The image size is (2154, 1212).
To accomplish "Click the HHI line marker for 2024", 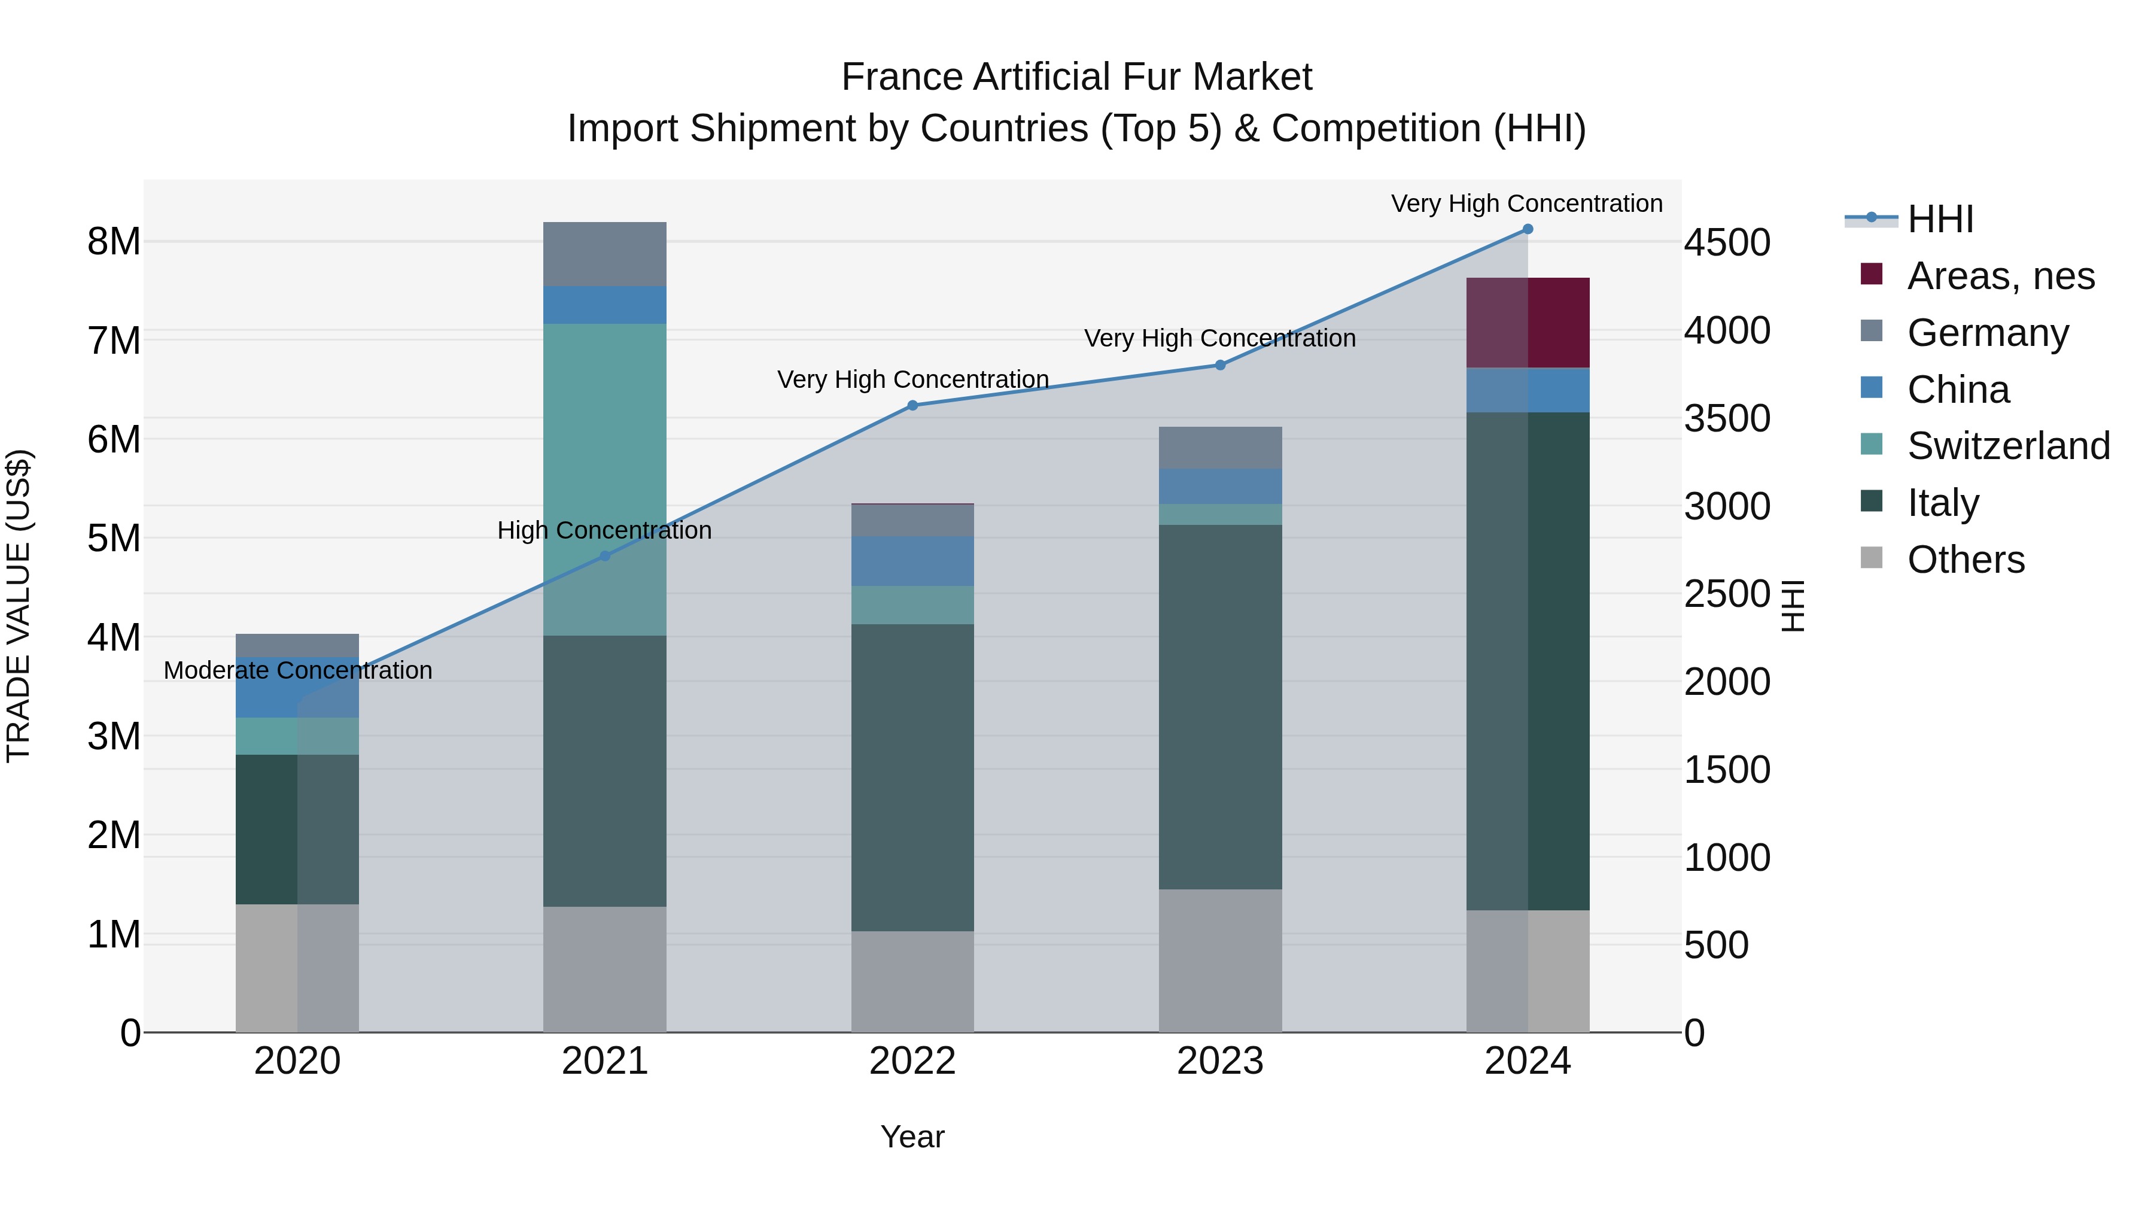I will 1527,229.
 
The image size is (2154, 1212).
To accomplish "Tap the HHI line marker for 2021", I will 604,556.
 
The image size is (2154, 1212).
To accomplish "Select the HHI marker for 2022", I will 912,406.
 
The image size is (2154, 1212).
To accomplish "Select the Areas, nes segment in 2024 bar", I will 1528,323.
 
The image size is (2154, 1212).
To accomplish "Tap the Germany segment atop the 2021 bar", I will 604,254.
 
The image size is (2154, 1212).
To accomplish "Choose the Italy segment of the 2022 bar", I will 912,778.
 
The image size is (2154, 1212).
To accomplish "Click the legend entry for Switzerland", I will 2007,446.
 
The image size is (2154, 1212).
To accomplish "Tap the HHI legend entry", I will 1939,219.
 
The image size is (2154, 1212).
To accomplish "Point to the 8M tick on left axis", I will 114,242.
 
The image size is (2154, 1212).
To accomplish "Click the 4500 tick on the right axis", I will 1727,242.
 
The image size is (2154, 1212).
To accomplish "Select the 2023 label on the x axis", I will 1220,1061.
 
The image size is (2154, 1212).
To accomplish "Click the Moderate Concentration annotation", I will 298,670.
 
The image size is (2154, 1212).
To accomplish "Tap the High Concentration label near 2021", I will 604,530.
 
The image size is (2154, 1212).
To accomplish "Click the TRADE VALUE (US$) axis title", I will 19,606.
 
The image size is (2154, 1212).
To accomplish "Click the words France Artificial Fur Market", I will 1076,77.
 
